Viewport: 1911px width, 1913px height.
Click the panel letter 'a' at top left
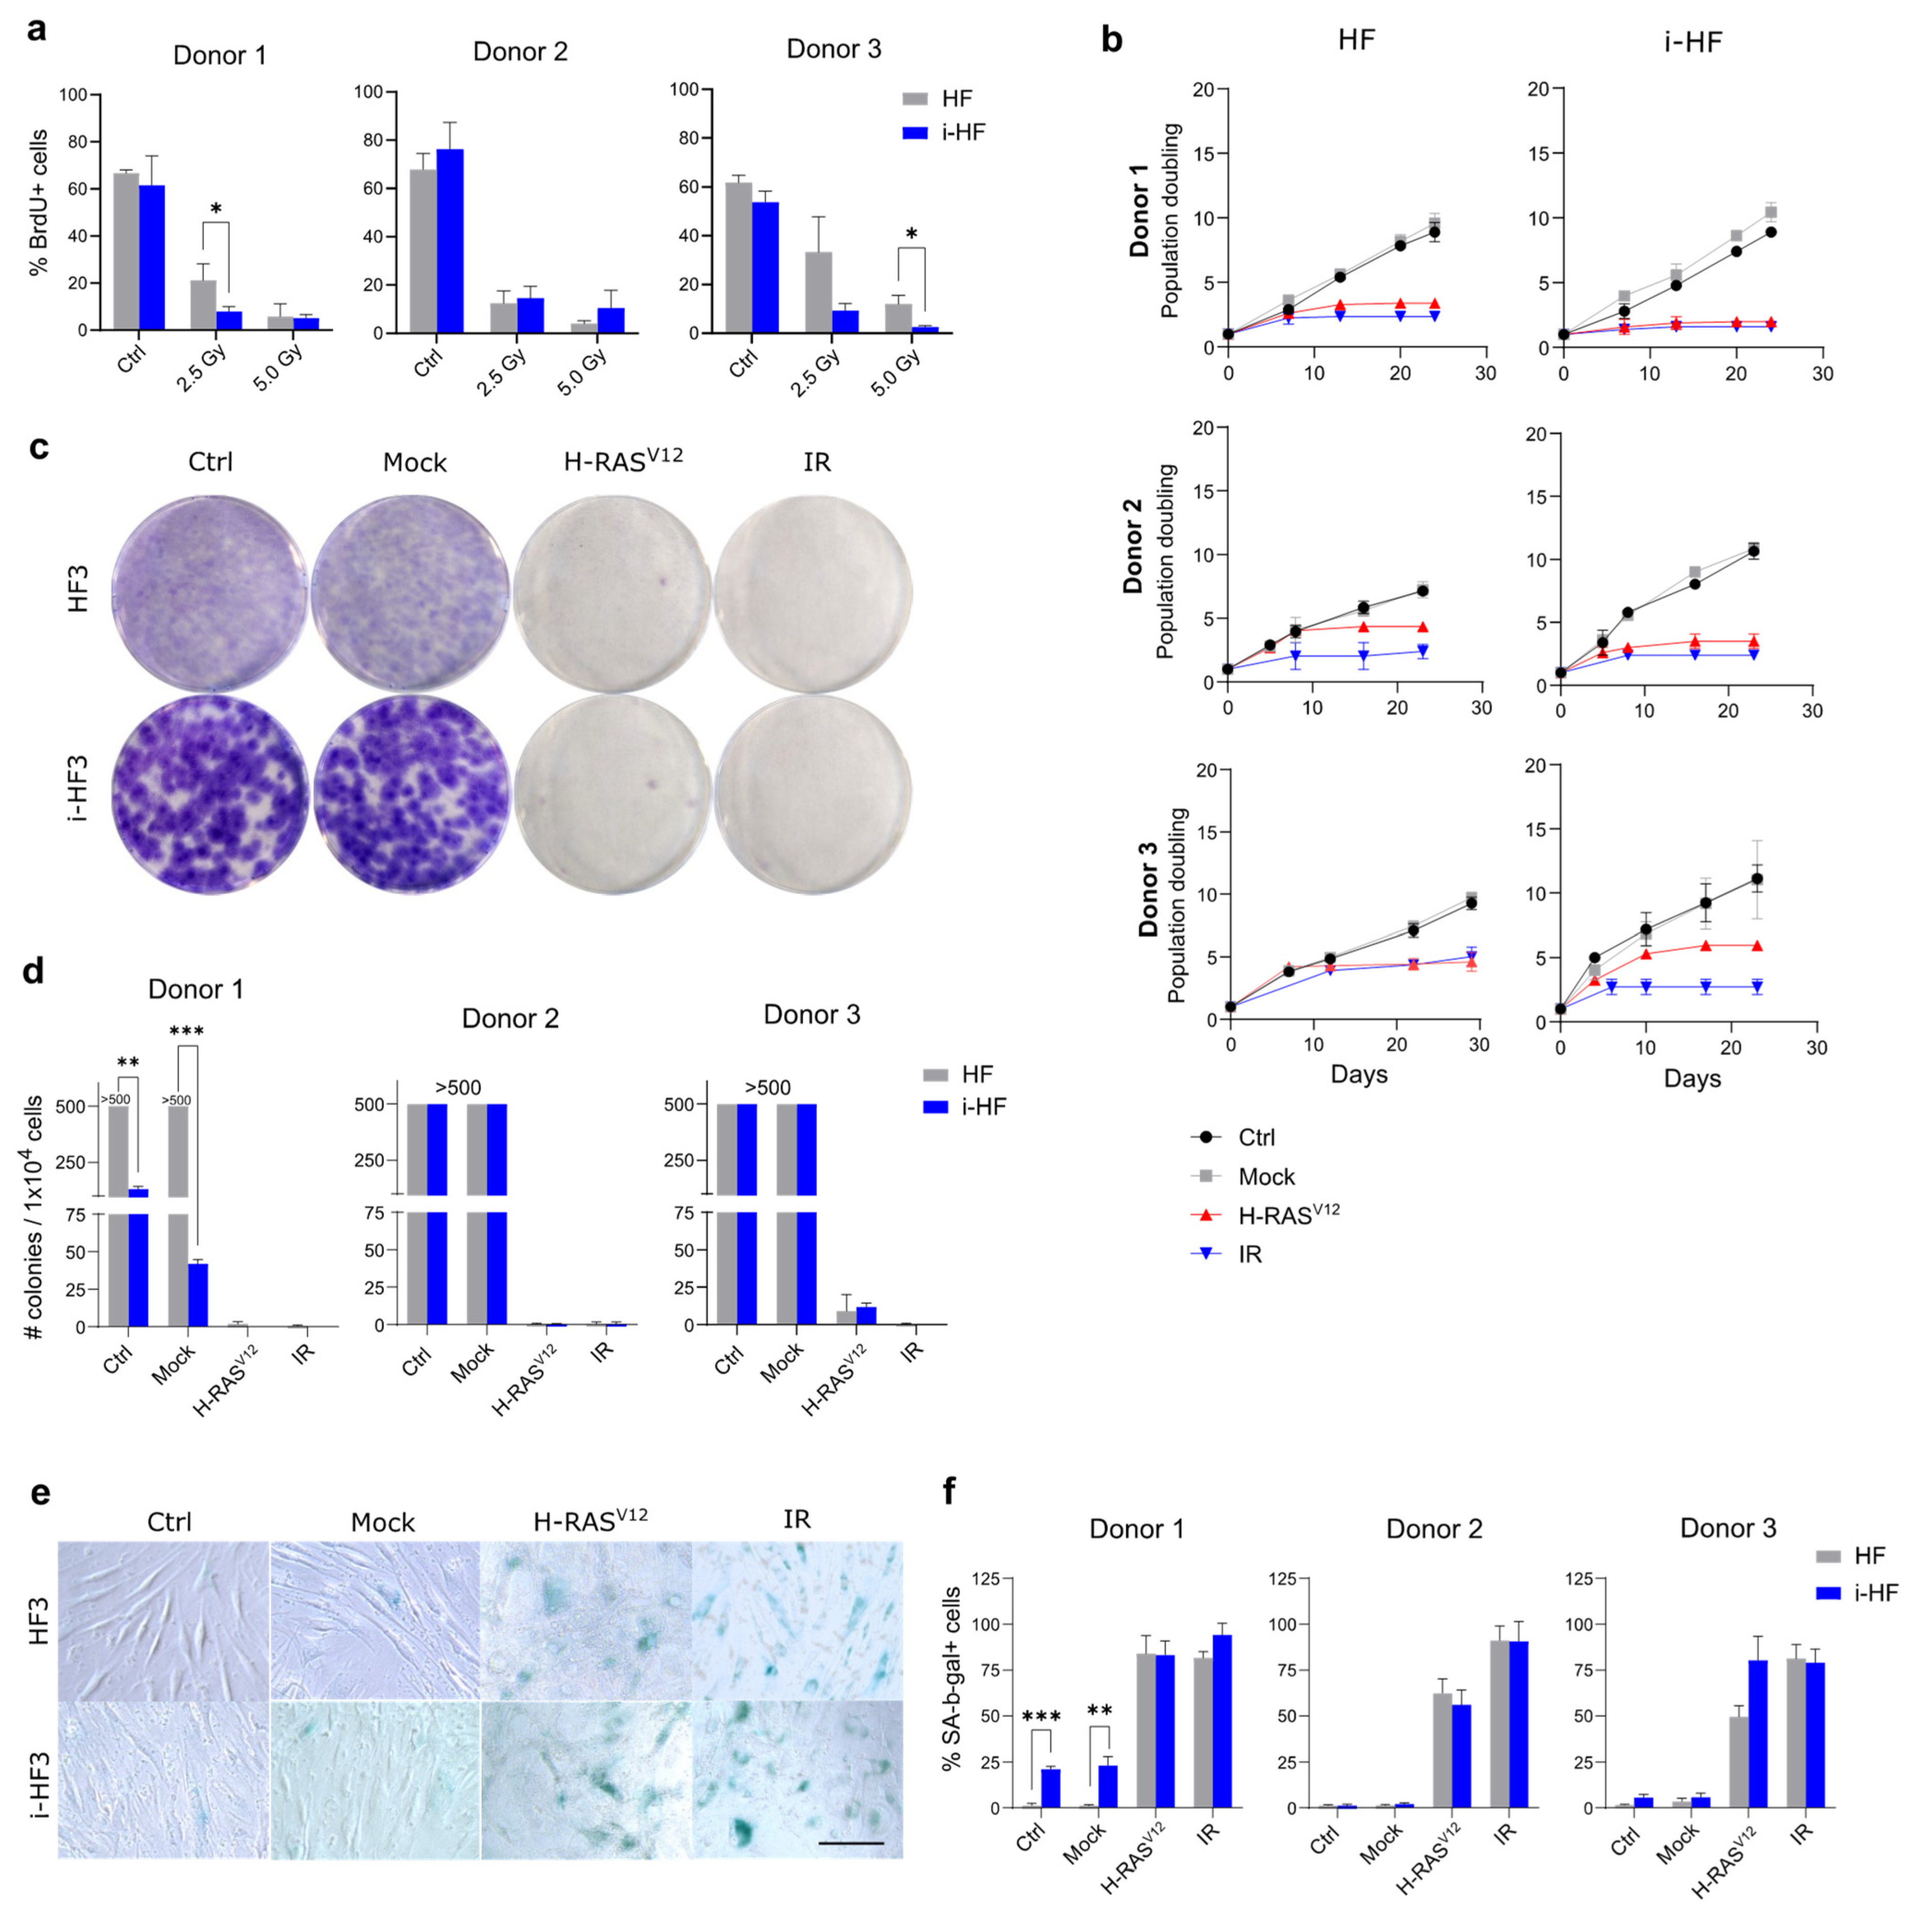(x=36, y=30)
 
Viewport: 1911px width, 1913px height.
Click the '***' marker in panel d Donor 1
(x=186, y=1033)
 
